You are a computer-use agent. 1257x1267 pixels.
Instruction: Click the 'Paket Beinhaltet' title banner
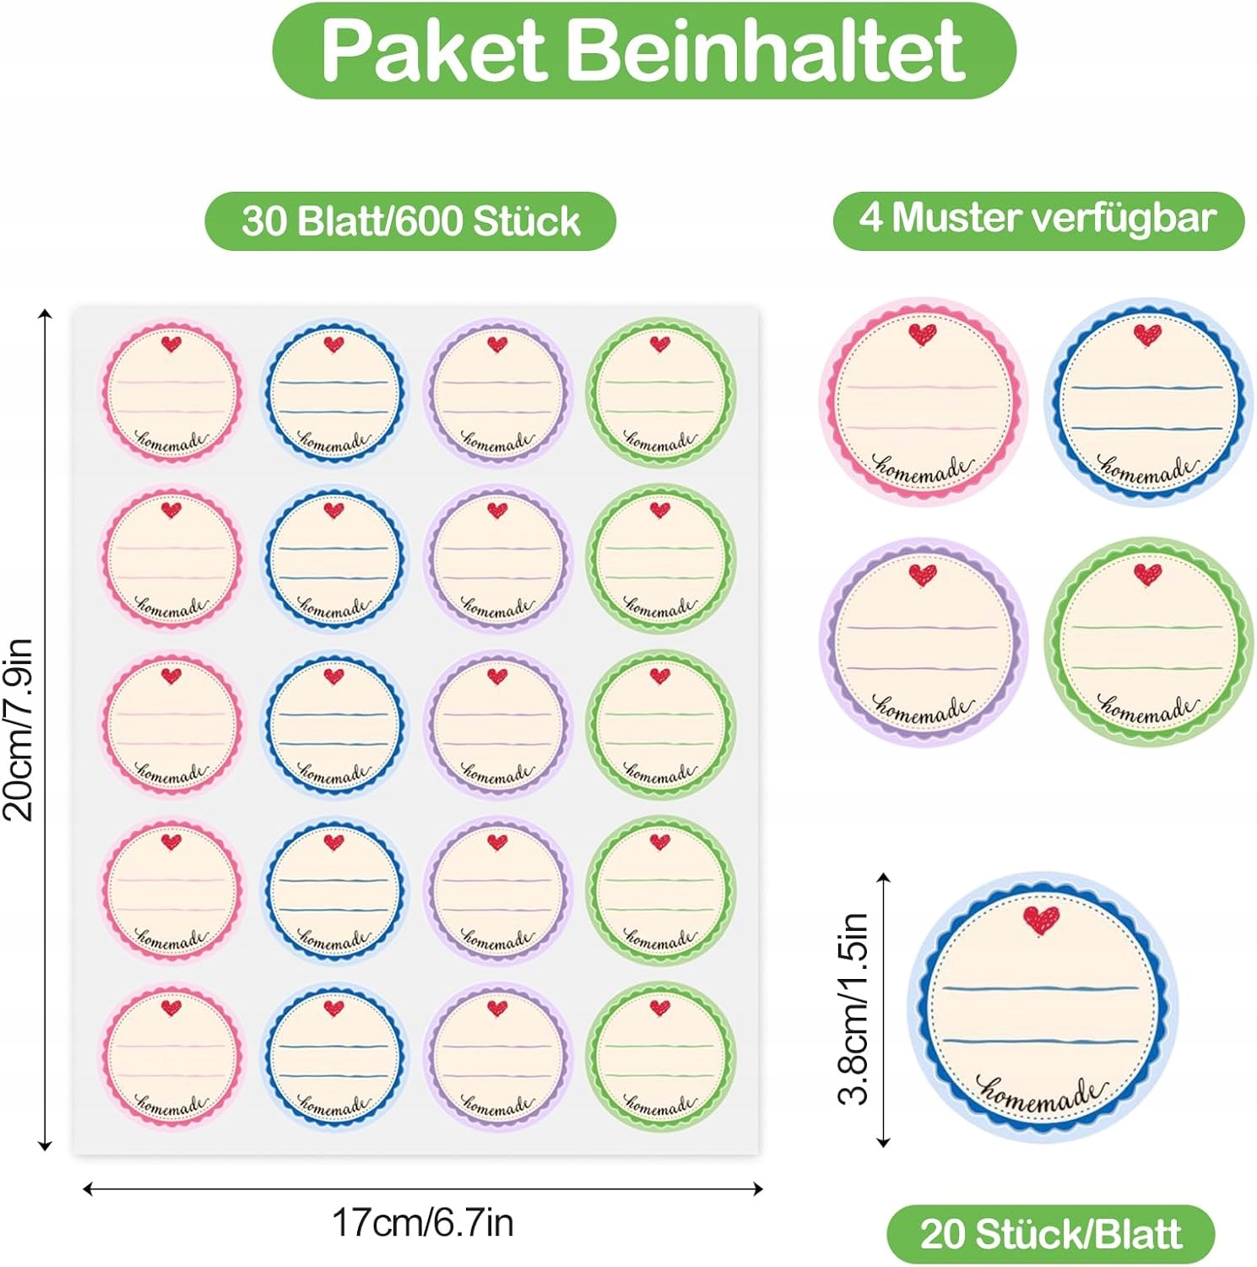[643, 51]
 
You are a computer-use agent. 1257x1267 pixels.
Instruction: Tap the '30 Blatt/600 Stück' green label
[410, 221]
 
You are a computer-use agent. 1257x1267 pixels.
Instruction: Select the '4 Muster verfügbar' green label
[1038, 219]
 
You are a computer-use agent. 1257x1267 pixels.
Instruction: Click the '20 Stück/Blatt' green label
[1051, 1234]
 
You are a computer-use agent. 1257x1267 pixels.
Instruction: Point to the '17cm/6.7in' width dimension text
[422, 1222]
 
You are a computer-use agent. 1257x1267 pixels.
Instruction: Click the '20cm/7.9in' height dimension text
[19, 730]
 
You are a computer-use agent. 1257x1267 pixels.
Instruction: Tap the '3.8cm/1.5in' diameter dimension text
[853, 1009]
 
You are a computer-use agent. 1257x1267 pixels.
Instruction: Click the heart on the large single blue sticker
[1041, 920]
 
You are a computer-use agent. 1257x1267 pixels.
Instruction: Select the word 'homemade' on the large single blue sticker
[1041, 1094]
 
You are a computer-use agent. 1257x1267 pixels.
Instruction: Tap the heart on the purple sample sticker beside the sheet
[923, 575]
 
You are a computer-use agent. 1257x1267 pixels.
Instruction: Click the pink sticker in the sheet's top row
[171, 391]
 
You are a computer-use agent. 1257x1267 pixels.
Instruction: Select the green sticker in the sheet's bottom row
[660, 1056]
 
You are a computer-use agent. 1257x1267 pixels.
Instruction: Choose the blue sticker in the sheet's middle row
[334, 724]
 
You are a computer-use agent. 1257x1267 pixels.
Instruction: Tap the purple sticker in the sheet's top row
[497, 391]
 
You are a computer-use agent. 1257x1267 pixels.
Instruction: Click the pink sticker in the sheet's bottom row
[171, 1056]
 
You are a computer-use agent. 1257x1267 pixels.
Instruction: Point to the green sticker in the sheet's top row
[660, 391]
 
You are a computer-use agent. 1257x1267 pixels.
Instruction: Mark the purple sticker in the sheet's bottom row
[497, 1056]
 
